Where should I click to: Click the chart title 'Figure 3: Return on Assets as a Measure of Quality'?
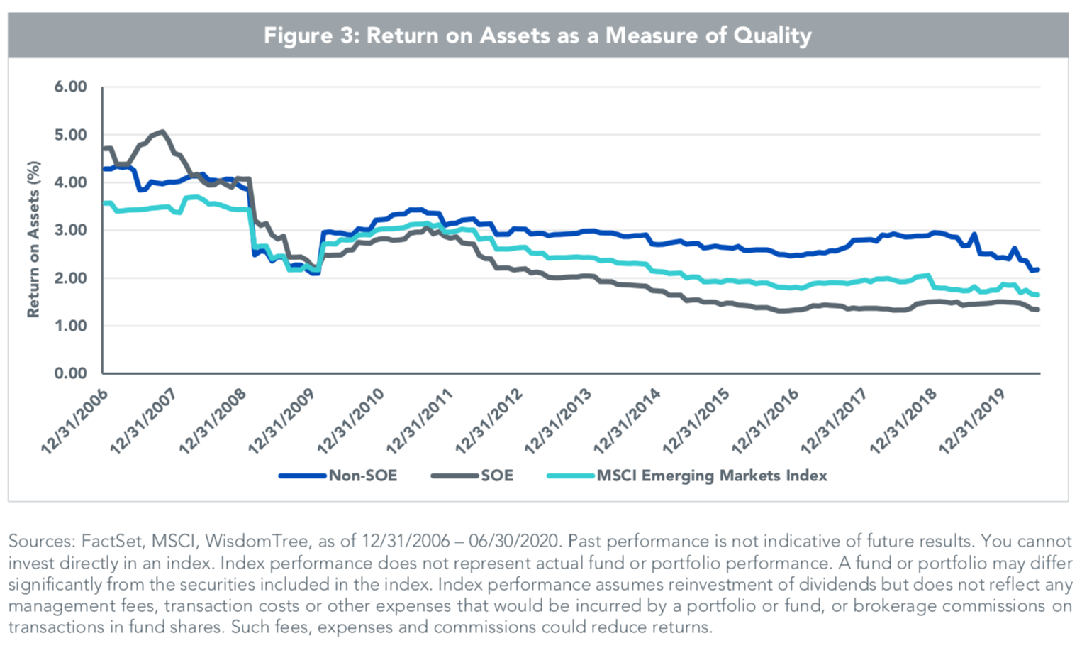(x=537, y=35)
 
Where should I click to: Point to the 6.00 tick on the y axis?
(x=70, y=87)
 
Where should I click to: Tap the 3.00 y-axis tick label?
(x=70, y=231)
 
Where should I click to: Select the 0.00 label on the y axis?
(x=70, y=373)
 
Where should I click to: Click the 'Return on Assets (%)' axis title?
(x=33, y=239)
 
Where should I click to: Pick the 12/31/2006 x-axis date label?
(x=74, y=422)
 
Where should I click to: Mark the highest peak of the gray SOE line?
(x=162, y=131)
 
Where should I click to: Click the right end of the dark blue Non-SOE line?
(x=1038, y=270)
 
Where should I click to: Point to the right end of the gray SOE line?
(x=1038, y=309)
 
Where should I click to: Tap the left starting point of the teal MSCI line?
(x=104, y=203)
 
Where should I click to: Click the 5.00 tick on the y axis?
(x=70, y=135)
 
